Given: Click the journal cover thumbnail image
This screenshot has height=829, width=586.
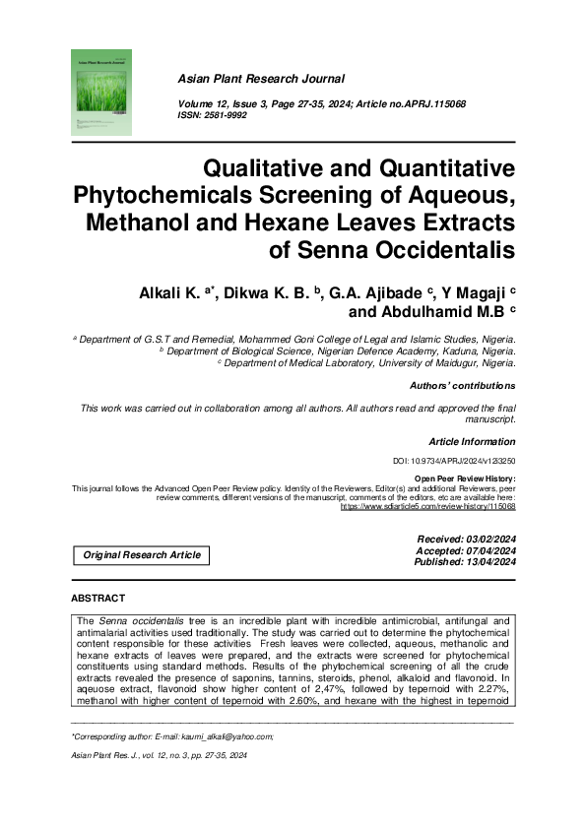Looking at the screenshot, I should tap(102, 92).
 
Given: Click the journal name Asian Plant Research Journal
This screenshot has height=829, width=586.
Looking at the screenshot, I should tap(261, 79).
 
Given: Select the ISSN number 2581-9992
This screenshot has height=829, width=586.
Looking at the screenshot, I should tap(225, 115).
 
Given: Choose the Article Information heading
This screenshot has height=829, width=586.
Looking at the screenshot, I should tap(472, 442).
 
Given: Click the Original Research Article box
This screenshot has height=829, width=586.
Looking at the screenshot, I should tap(142, 555).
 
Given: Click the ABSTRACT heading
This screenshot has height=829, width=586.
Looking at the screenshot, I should tap(98, 599).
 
